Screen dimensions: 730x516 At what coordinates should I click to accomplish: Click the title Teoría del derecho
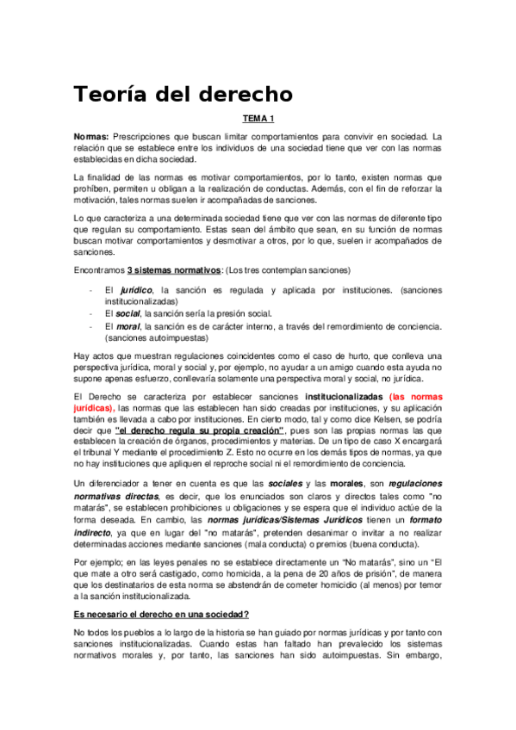pos(183,93)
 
